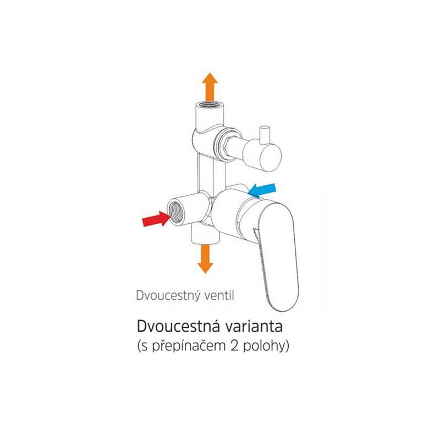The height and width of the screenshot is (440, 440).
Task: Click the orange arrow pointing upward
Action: coord(210,87)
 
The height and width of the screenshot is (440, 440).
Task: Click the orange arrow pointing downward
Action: coord(205,259)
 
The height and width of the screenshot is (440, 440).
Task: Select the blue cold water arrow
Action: coord(262,190)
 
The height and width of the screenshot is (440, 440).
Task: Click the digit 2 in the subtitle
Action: coord(234,346)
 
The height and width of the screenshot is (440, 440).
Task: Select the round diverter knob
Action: coord(262,156)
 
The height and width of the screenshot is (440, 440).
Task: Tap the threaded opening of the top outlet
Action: coord(210,106)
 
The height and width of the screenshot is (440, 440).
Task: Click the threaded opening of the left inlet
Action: coord(175,211)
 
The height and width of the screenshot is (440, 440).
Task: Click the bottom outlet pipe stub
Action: coord(205,234)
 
